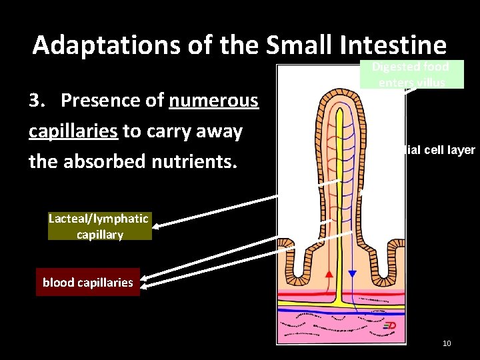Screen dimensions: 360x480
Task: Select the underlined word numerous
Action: [x=213, y=101]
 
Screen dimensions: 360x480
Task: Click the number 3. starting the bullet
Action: [x=39, y=101]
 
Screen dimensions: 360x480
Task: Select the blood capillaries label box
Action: [x=87, y=283]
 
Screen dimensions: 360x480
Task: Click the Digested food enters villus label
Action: [x=411, y=74]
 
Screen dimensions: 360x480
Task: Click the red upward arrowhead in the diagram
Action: [x=328, y=274]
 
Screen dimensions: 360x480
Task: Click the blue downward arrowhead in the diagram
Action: [x=353, y=274]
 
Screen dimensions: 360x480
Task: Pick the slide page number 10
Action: [x=447, y=343]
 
